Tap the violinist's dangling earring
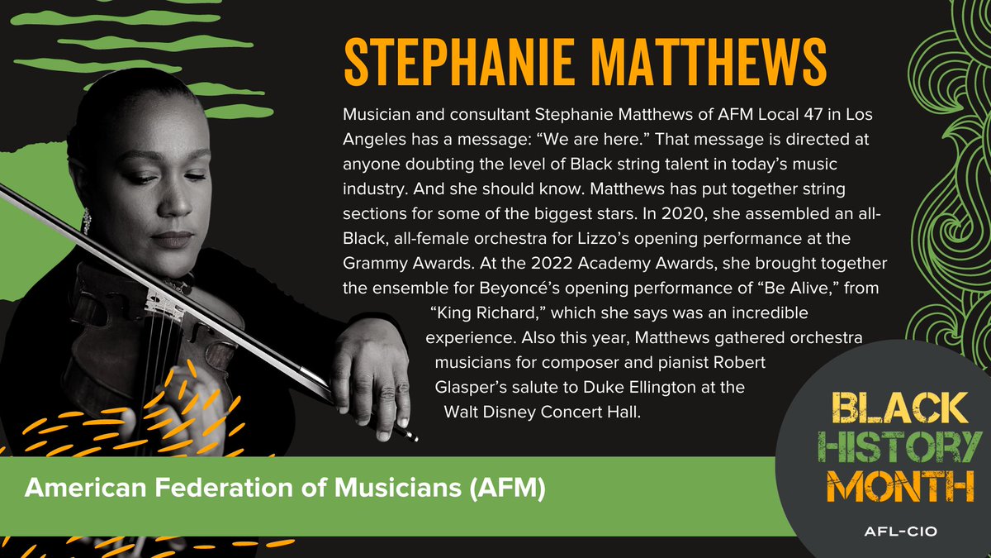point(87,220)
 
